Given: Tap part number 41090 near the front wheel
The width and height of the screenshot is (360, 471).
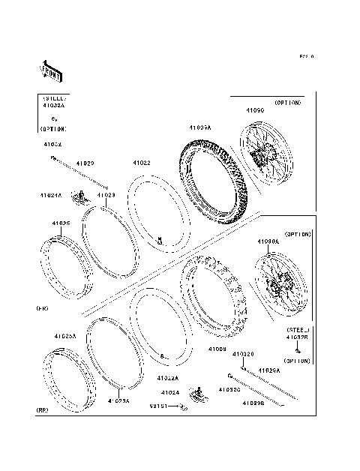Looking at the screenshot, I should point(256,110).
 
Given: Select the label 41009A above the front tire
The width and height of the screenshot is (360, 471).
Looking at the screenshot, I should point(200,128).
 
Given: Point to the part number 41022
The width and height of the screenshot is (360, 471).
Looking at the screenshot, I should point(142,163).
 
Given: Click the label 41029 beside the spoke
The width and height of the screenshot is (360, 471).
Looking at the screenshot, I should point(84,163).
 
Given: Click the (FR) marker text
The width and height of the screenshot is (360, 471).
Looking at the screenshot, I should point(43,308).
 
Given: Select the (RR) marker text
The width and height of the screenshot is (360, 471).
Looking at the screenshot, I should point(43,410).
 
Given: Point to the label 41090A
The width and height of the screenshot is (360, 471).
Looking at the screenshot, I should point(268,242).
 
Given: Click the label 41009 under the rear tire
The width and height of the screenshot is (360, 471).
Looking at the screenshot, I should point(217,349).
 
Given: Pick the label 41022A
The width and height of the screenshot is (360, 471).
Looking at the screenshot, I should point(168,378).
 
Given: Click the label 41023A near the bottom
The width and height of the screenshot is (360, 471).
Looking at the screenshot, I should point(118,401).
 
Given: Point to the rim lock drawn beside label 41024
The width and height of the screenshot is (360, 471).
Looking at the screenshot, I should point(199,392).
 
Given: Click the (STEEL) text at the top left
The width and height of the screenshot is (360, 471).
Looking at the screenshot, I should point(54,98).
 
